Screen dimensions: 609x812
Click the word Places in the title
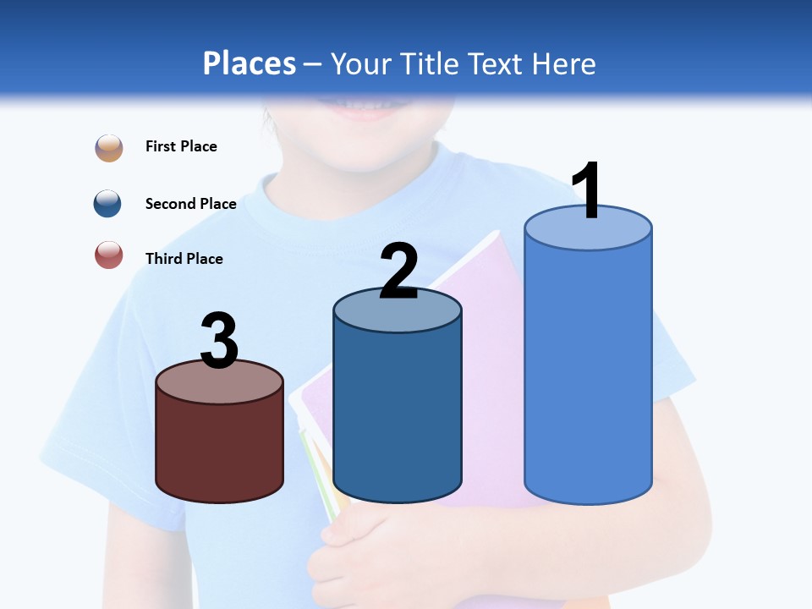(250, 63)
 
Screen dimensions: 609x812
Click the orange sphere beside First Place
(109, 147)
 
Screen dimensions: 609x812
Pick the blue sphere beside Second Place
(108, 204)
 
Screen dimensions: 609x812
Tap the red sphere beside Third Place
(109, 255)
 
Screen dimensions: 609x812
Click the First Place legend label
(181, 146)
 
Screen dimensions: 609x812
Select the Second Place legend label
(190, 204)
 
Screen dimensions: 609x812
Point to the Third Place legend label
(184, 259)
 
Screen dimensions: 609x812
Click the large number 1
(588, 191)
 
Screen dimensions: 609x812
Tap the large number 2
(398, 272)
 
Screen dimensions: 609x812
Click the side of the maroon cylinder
(219, 448)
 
